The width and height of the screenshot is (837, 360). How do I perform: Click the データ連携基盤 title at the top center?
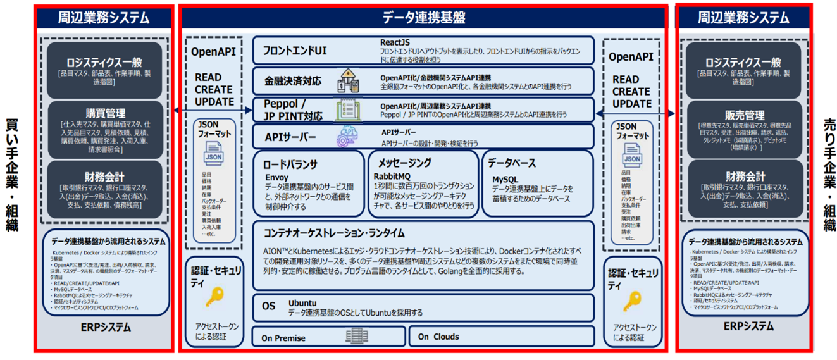[x=423, y=16]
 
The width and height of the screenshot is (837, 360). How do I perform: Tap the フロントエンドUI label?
[x=295, y=51]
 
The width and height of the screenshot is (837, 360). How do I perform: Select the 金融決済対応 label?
[x=292, y=81]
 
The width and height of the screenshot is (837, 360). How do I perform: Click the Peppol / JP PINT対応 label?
[x=292, y=111]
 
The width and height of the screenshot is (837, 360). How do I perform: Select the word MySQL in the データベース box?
[x=505, y=180]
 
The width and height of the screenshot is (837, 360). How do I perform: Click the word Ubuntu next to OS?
[x=302, y=302]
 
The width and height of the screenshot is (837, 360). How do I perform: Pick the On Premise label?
[x=283, y=338]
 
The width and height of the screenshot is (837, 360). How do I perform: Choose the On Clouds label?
[x=438, y=337]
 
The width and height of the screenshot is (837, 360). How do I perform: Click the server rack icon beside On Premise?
[x=357, y=336]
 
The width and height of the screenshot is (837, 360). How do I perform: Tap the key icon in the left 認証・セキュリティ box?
[x=217, y=295]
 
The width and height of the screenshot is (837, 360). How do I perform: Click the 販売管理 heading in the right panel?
[x=745, y=115]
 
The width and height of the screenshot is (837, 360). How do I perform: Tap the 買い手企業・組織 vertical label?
[x=12, y=174]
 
